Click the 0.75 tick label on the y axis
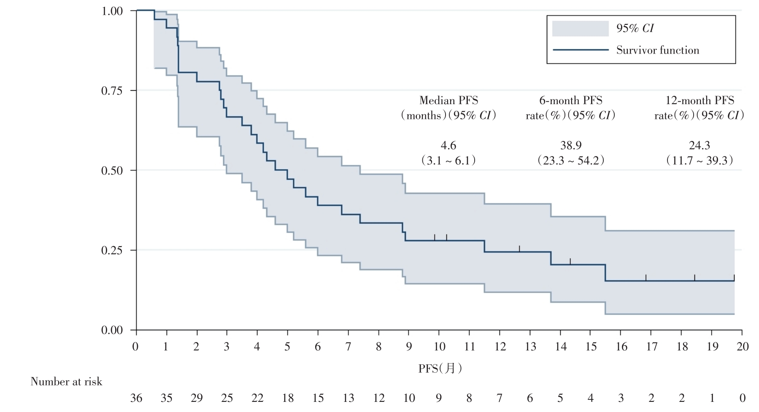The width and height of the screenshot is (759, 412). coord(113,91)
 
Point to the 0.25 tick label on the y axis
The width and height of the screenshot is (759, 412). coord(113,250)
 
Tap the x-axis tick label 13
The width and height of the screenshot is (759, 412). coord(530,347)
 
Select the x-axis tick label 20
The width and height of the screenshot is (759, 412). coord(742,347)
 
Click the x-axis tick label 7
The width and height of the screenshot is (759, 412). coord(348,347)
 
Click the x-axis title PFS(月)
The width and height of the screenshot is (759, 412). coord(440,369)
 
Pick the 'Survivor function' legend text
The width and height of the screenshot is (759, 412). coord(657,50)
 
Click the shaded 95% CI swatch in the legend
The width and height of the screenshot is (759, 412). coord(580,28)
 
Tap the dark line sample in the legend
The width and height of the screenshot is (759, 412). coord(580,50)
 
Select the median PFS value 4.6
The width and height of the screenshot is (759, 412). coord(448,145)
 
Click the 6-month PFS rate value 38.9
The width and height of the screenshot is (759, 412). coord(571,145)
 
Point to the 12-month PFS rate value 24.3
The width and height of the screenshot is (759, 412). coord(699,145)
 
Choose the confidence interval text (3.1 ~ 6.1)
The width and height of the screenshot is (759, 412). coord(448,161)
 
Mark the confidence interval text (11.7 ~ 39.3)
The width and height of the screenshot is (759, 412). coord(699,161)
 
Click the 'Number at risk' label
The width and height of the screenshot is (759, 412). coord(66,382)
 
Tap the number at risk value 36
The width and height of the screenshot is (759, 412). coord(136,398)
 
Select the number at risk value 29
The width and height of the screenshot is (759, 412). coord(197,398)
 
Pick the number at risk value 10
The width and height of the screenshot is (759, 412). coord(409,398)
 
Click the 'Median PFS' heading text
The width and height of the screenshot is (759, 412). coord(448,100)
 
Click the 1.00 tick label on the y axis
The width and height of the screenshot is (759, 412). coord(113,11)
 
